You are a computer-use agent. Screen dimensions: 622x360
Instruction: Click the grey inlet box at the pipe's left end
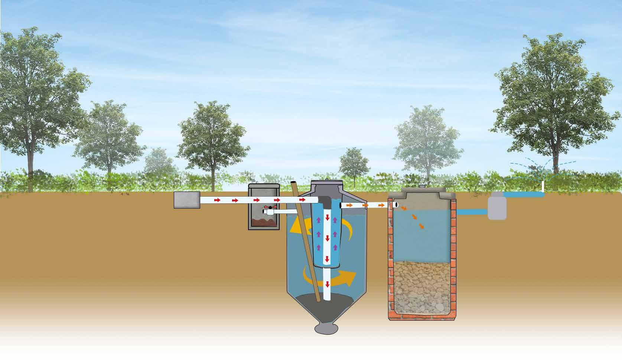[187, 200]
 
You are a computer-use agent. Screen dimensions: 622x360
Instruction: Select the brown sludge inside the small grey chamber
[264, 223]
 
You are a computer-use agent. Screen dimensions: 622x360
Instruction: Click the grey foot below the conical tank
[326, 329]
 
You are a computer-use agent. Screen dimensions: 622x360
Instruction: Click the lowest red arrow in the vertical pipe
[327, 285]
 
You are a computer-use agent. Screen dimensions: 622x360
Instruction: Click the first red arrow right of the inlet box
[217, 200]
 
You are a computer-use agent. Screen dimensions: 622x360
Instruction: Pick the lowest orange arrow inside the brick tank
[421, 226]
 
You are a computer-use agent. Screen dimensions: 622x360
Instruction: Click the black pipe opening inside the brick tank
[397, 204]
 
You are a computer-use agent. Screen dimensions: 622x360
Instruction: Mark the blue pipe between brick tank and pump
[472, 212]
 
